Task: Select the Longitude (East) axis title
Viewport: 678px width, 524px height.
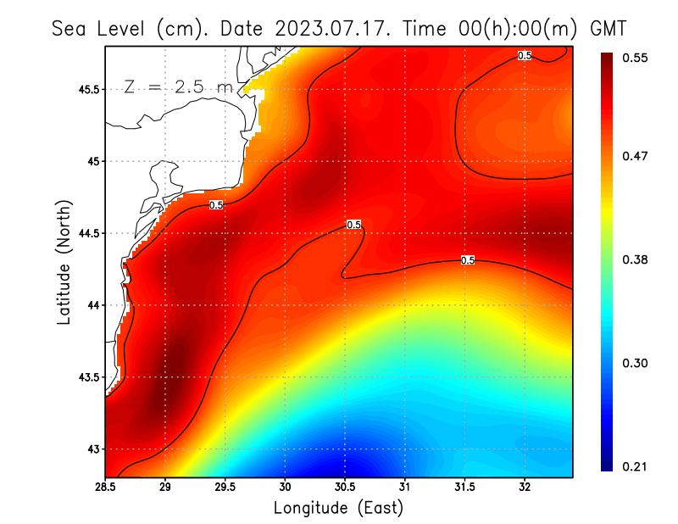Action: click(338, 508)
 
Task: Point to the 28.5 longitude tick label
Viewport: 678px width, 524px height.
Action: click(106, 487)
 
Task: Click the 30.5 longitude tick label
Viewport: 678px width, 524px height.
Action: click(345, 487)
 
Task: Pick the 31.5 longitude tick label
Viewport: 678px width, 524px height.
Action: click(464, 487)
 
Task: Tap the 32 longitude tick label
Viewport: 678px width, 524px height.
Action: click(525, 487)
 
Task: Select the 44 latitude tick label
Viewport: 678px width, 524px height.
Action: click(92, 305)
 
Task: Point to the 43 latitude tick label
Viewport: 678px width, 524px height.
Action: click(92, 449)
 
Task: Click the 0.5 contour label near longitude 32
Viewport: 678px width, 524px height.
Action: click(525, 56)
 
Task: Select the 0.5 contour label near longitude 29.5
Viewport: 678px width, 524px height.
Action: click(216, 205)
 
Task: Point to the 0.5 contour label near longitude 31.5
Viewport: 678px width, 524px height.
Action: click(467, 260)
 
